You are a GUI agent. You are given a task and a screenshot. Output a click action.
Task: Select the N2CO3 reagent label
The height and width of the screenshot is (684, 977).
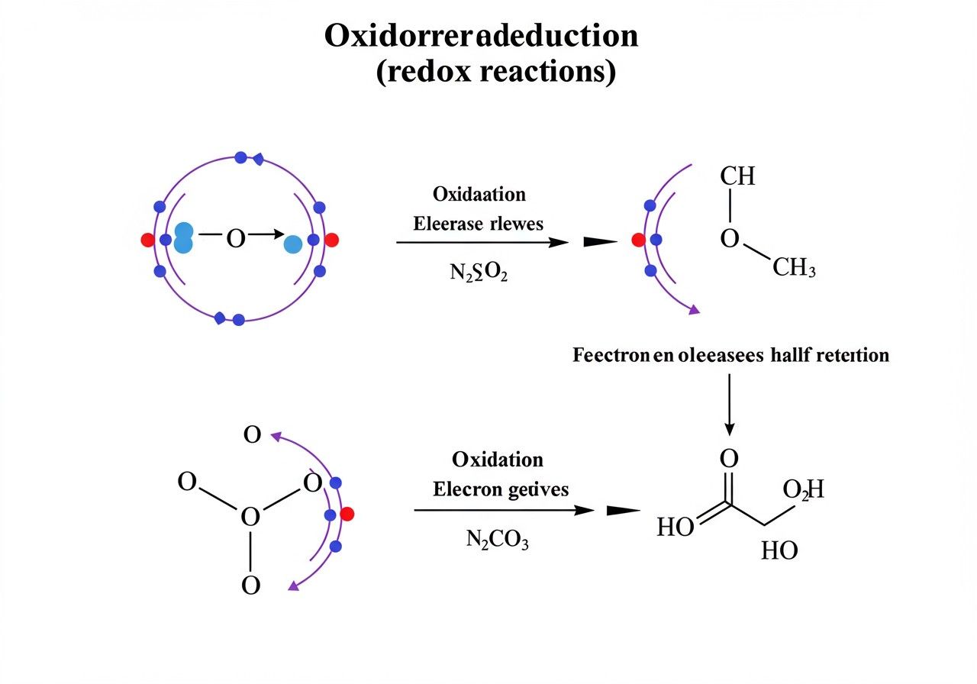coord(497,540)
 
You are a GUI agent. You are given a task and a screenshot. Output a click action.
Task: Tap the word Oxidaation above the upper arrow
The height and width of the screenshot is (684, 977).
coord(479,194)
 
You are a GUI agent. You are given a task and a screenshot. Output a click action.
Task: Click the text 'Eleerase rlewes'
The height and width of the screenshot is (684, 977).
coord(479,224)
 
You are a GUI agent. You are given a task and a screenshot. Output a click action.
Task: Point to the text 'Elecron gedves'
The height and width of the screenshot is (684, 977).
coord(501,489)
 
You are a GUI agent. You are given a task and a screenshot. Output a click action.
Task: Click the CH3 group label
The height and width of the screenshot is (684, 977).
coord(794,268)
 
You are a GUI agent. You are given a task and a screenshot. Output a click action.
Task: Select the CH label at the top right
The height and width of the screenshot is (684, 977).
coord(737,176)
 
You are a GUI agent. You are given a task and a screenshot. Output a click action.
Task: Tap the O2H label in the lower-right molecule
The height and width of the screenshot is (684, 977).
coord(804,489)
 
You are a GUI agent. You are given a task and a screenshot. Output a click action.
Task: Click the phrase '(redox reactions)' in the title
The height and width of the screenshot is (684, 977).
coord(496,74)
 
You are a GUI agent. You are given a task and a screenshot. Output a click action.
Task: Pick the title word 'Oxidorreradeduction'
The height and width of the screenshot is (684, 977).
coord(481,36)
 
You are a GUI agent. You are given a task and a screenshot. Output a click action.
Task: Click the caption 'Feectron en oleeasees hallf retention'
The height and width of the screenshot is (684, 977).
coord(730,355)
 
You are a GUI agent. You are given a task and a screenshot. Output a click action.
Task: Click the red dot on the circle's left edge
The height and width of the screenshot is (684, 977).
coord(147,240)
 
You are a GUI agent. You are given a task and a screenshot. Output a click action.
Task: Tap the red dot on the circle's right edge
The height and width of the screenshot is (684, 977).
coord(331,240)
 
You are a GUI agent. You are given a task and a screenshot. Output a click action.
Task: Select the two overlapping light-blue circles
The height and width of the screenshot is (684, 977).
coord(183,237)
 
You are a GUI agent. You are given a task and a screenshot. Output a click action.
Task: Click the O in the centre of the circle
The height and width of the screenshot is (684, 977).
coord(236,240)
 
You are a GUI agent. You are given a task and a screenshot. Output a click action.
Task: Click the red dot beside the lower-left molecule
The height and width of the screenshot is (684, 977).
coord(347,514)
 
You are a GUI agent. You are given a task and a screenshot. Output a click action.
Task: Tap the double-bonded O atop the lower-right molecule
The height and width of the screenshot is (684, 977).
coord(729,460)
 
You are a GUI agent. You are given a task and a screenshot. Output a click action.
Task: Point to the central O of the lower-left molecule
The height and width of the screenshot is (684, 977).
coord(250,518)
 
